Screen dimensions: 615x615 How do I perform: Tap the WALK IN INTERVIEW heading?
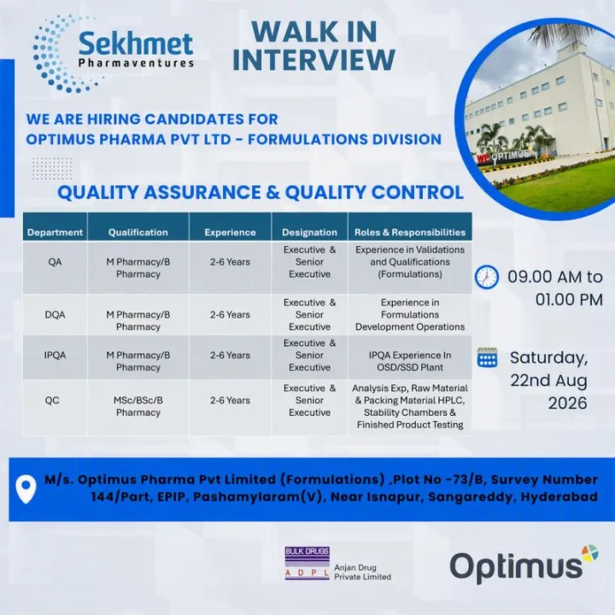pos(313,46)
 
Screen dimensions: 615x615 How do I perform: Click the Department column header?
pos(55,232)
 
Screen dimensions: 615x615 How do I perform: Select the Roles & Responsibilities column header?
pos(410,232)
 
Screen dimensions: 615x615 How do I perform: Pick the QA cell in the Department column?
pos(55,262)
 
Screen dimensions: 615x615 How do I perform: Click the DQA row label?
pos(55,314)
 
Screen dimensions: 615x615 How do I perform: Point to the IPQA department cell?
pos(55,355)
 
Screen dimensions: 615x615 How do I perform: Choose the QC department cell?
pos(52,401)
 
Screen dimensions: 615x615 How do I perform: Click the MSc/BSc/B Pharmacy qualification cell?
pos(138,407)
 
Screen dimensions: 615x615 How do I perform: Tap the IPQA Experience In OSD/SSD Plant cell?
pos(410,361)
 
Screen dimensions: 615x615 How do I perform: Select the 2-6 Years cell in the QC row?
pos(230,401)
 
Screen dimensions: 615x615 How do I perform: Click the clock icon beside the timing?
pos(487,278)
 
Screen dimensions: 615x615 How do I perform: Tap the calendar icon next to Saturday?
pos(487,357)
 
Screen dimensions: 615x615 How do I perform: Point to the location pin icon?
pos(26,489)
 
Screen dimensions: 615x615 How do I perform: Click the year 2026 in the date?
pos(567,403)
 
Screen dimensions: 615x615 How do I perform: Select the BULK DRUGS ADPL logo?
pos(307,563)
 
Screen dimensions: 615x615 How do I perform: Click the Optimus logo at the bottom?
pos(524,564)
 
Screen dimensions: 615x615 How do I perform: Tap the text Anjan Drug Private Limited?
pos(362,572)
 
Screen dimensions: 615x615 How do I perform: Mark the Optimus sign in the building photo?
pos(506,156)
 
